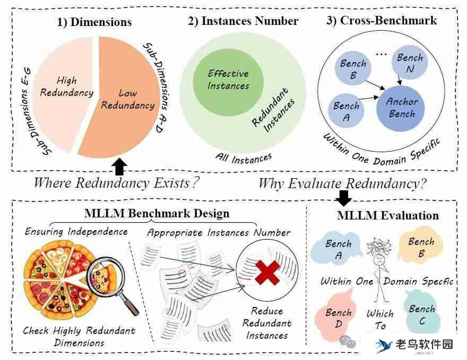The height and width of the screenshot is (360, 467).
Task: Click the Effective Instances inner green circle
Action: click(228, 80)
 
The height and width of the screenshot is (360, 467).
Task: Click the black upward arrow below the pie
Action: click(120, 166)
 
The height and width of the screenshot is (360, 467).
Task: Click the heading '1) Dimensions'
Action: click(94, 22)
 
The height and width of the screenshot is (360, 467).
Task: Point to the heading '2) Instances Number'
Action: click(243, 21)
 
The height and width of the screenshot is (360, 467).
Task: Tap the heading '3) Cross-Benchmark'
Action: click(381, 20)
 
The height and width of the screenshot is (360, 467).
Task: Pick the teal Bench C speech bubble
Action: click(422, 314)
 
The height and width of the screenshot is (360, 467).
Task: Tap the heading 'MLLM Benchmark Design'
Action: click(157, 213)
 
